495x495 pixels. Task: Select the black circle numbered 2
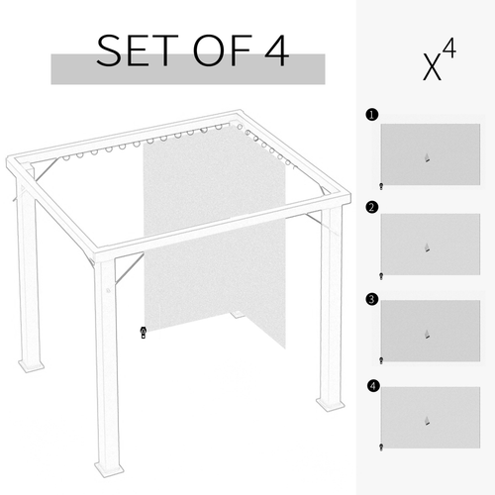pos(371,207)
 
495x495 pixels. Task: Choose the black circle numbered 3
pos(371,297)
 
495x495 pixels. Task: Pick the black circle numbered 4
pos(371,385)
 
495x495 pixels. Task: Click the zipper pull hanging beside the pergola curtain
pos(144,333)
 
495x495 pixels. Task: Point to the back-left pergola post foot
pos(32,365)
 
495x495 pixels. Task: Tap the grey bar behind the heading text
pos(188,68)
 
